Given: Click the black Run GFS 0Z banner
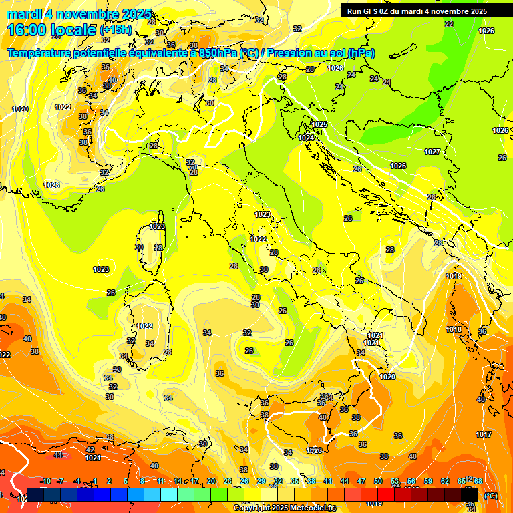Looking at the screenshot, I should click(417, 11).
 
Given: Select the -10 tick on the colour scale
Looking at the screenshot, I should click(45, 482).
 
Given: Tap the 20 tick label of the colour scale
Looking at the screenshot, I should click(211, 482).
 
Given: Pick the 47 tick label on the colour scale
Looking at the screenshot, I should click(361, 482).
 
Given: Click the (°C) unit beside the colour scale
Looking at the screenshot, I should click(490, 496).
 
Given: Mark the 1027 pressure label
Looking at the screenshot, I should click(432, 152).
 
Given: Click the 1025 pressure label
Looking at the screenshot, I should click(319, 124).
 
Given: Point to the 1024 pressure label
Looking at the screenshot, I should click(306, 138).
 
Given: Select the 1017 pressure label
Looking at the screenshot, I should click(484, 434).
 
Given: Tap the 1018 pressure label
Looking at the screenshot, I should click(454, 329).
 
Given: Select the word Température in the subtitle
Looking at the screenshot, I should click(39, 53).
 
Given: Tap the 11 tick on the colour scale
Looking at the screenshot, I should click(161, 482).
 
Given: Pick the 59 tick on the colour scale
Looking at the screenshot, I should click(428, 482).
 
